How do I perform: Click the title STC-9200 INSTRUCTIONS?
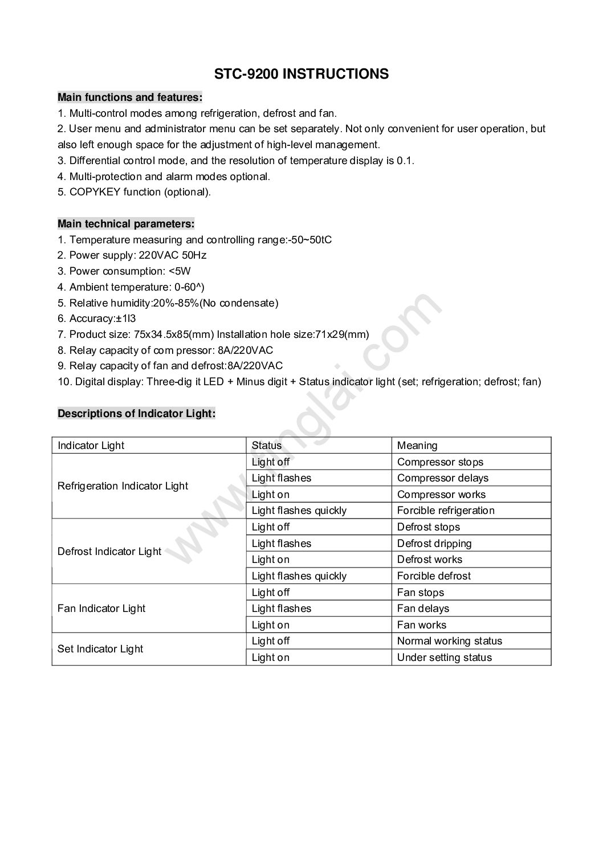click(301, 74)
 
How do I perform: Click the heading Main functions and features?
click(130, 97)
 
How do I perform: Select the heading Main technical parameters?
click(126, 224)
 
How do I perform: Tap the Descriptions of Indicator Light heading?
click(136, 414)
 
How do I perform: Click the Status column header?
click(267, 446)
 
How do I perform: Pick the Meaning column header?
click(417, 446)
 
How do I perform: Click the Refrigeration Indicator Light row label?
click(123, 486)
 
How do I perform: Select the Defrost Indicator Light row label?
click(109, 552)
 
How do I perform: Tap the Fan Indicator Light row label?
click(101, 609)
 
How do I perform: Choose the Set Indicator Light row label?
click(100, 649)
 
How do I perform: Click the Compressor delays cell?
click(442, 478)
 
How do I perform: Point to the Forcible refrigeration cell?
click(446, 511)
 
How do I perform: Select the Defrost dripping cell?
click(434, 544)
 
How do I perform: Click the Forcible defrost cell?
click(434, 576)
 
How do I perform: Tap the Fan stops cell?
click(421, 593)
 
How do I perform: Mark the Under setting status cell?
click(444, 658)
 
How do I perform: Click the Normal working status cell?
click(450, 641)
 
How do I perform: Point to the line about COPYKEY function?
click(134, 192)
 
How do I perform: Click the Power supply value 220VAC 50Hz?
click(172, 255)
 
